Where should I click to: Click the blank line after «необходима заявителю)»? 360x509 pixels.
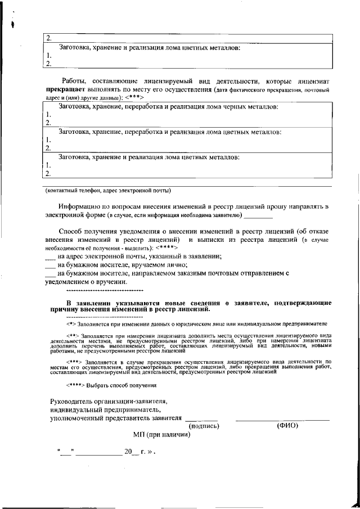click(x=259, y=215)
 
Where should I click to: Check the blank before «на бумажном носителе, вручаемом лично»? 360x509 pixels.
click(x=50, y=265)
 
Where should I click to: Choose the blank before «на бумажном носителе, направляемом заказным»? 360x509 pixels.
click(x=50, y=274)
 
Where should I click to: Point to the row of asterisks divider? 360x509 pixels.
click(x=105, y=291)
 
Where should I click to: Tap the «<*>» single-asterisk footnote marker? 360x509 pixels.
click(x=71, y=325)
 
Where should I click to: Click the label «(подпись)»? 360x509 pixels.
click(x=203, y=426)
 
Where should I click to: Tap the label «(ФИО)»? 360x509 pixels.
click(x=287, y=426)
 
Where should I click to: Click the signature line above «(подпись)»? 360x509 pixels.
click(x=201, y=420)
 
